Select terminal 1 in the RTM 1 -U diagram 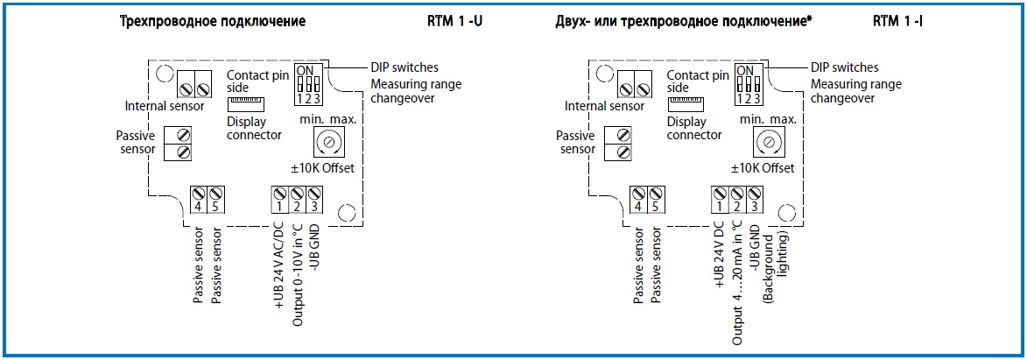coord(280,199)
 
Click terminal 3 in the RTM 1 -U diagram coord(315,199)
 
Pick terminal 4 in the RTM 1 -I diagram coord(639,199)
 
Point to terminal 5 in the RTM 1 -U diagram coord(216,199)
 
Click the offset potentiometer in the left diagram coord(328,141)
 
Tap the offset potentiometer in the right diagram coord(768,141)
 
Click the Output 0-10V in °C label coord(298,272)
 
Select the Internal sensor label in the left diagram coord(164,107)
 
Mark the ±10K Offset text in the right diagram coord(765,168)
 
